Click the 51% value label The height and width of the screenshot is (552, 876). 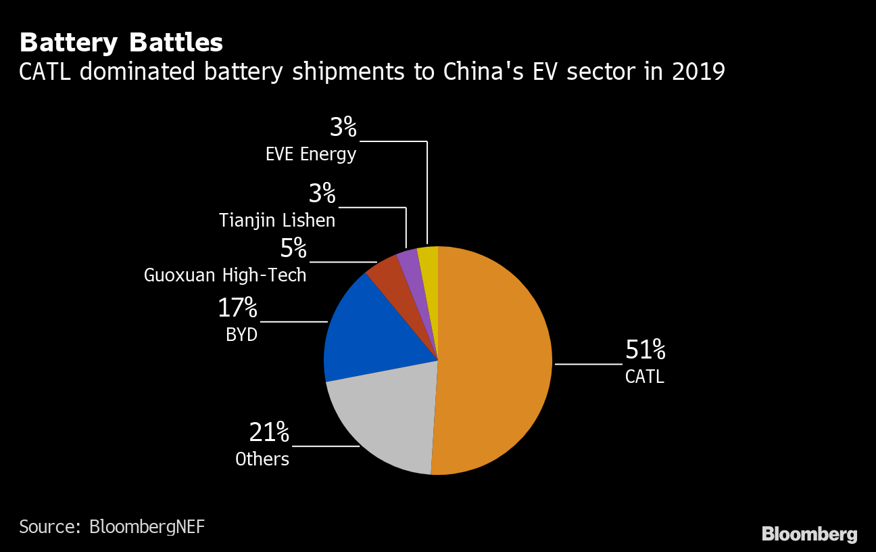point(646,350)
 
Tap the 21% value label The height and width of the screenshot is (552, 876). point(269,432)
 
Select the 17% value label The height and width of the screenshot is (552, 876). point(237,308)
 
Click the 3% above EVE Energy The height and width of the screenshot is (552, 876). point(343,127)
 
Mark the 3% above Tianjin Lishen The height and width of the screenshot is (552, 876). point(322,194)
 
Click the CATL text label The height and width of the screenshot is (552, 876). point(645,377)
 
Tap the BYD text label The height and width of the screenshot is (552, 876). point(242,335)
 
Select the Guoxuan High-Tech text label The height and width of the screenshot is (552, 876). point(225,275)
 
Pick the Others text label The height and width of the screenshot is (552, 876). point(262,459)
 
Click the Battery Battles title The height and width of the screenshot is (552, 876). point(121,43)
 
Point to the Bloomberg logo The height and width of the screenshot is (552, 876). point(809,534)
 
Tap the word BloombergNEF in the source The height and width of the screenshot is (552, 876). point(147,527)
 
